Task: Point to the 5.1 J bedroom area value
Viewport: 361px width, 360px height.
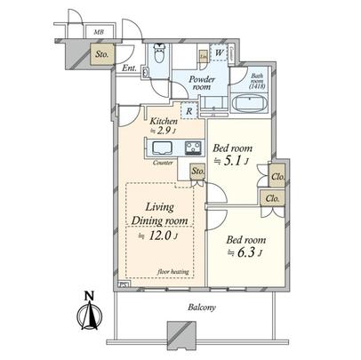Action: [234, 160]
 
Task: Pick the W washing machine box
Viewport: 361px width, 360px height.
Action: [218, 52]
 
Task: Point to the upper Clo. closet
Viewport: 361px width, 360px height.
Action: [277, 177]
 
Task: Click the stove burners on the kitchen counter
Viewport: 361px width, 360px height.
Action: [190, 148]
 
